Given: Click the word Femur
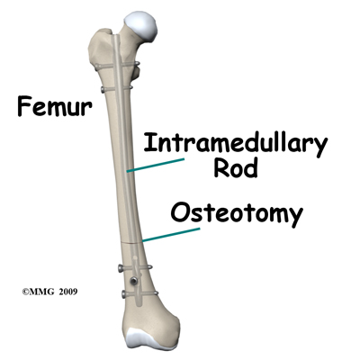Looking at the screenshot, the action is pyautogui.click(x=55, y=106).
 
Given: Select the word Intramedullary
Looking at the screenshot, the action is pyautogui.click(x=235, y=143).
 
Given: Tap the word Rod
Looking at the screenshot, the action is pyautogui.click(x=236, y=168).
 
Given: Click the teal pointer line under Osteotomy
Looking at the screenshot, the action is pyautogui.click(x=171, y=235).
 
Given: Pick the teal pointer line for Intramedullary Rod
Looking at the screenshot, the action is pyautogui.click(x=155, y=166).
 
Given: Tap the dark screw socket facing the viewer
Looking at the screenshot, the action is pyautogui.click(x=132, y=281).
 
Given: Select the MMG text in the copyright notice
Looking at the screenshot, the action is pyautogui.click(x=42, y=292).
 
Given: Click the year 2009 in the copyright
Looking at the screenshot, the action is pyautogui.click(x=68, y=292).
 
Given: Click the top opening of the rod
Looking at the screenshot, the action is pyautogui.click(x=115, y=37).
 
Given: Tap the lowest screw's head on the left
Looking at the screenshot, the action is pyautogui.click(x=123, y=294).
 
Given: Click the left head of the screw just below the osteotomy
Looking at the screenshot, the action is pyautogui.click(x=121, y=267).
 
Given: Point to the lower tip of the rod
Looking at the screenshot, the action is pyautogui.click(x=139, y=304).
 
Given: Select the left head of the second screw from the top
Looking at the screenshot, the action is pyautogui.click(x=103, y=89).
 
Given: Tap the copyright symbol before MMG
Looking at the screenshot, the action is pyautogui.click(x=25, y=292).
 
